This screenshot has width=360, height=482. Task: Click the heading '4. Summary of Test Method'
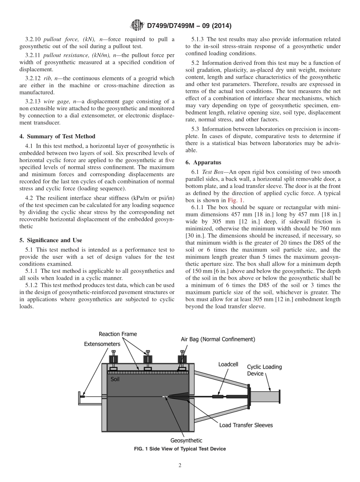(x=57, y=136)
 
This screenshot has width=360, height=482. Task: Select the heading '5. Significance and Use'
(x=50, y=240)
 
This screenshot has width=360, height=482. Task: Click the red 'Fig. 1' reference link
(x=235, y=200)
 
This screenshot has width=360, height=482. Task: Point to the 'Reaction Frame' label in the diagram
(x=118, y=334)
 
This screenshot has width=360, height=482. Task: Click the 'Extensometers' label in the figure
(x=102, y=344)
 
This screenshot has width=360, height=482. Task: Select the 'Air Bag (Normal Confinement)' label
(x=218, y=339)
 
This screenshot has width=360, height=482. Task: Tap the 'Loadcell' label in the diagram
(x=228, y=364)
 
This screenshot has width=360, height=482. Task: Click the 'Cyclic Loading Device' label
(x=264, y=370)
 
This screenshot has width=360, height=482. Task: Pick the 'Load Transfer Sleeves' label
(x=246, y=425)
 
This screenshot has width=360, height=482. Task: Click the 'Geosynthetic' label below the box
(x=186, y=440)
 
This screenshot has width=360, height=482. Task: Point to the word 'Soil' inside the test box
(x=115, y=379)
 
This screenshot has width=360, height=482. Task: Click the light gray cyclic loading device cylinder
(x=265, y=397)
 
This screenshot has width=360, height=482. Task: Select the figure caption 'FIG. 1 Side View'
(x=180, y=449)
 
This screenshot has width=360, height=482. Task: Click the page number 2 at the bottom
(x=180, y=466)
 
